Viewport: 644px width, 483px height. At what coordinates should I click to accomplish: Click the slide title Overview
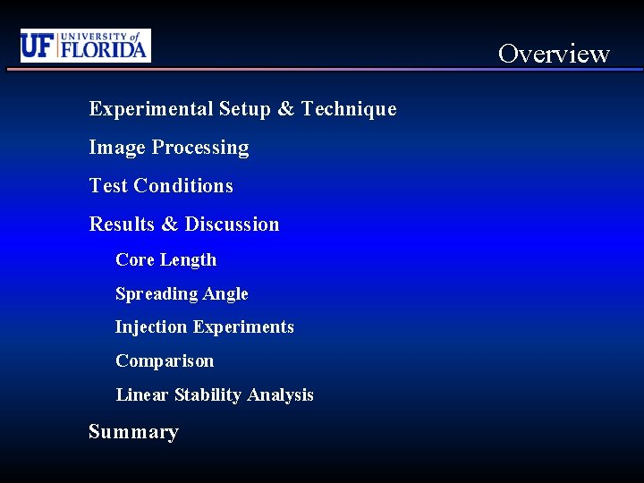coord(554,54)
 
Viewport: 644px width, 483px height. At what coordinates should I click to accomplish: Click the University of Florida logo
coord(86,46)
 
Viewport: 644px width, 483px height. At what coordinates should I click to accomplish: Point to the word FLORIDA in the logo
coord(103,49)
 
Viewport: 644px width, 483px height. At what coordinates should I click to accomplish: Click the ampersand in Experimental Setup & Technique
coord(285,109)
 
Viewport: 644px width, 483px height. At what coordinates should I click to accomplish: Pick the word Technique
coord(349,109)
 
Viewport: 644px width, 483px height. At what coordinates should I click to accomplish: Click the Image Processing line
coord(169,148)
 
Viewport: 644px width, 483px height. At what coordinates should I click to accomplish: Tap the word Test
coord(107,186)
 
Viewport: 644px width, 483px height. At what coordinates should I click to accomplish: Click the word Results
coord(122,225)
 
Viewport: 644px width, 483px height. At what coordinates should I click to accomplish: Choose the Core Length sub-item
coord(166,260)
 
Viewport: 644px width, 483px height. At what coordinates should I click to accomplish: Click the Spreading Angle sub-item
coord(182,294)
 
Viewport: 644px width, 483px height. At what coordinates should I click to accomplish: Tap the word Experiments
coord(243,327)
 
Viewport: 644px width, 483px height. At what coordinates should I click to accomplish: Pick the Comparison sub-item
coord(165,361)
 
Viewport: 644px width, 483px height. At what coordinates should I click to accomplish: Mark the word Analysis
coord(281,395)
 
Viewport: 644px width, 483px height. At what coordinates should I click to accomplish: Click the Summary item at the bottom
coord(133,432)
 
